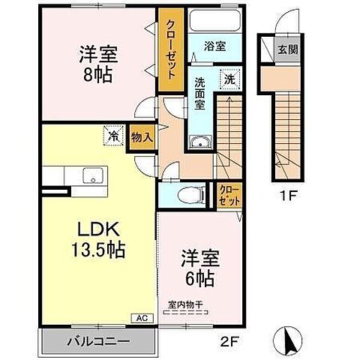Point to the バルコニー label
[100, 340]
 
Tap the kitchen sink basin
[92, 177]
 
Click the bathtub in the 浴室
[214, 21]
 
